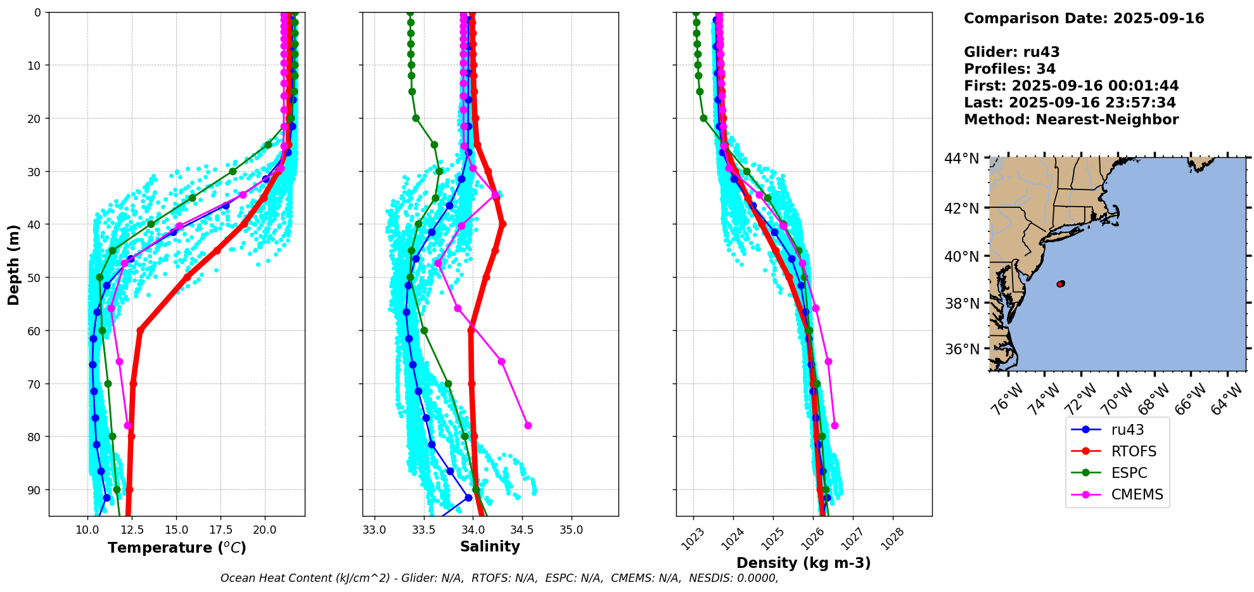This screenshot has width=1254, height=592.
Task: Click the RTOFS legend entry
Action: point(1133,451)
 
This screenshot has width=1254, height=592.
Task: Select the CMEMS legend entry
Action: point(1136,494)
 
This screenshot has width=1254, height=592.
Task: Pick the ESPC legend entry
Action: point(1129,473)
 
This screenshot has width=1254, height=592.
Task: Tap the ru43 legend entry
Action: point(1127,430)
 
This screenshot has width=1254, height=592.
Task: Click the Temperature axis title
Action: point(177,548)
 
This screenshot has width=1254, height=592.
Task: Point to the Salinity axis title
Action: point(490,546)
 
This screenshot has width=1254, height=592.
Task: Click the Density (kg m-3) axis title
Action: point(803,563)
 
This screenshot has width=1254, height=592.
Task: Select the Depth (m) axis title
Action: point(14,264)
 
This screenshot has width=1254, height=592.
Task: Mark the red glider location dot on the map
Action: point(1061,283)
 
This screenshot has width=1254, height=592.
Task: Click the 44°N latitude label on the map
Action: point(961,158)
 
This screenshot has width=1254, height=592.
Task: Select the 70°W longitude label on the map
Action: point(1116,399)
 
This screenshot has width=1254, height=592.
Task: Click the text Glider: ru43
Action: point(1011,52)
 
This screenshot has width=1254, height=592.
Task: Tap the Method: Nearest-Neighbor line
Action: point(1071,119)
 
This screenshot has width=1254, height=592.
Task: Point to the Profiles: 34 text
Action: point(1009,69)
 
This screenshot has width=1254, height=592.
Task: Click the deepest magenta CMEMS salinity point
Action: point(528,425)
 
